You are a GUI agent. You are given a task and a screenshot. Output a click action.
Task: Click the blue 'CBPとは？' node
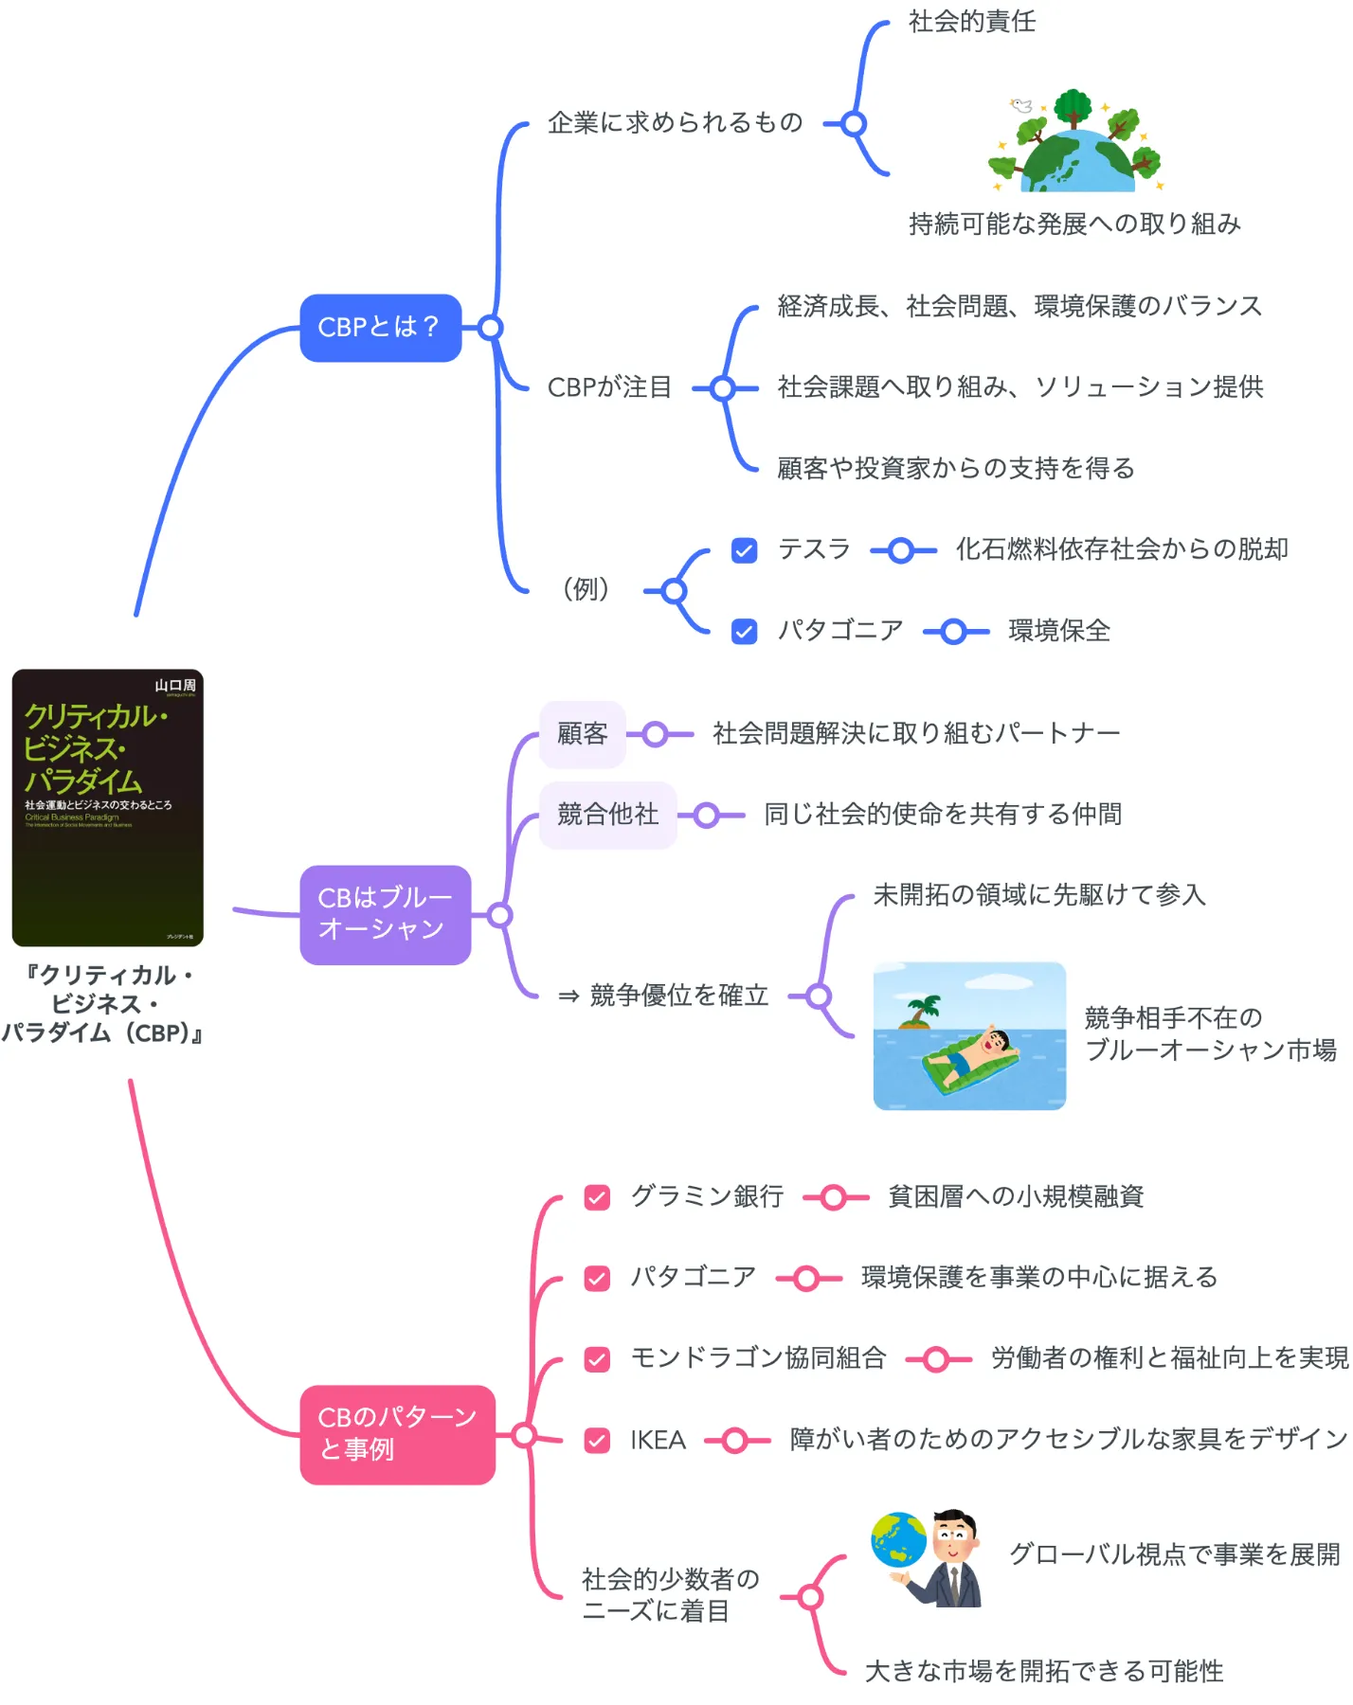(380, 328)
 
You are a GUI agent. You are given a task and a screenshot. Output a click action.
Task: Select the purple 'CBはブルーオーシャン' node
(385, 914)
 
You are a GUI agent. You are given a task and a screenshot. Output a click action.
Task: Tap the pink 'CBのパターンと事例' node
(397, 1434)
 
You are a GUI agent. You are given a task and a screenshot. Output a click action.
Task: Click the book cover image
(107, 807)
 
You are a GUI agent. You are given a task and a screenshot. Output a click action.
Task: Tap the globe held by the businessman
(898, 1539)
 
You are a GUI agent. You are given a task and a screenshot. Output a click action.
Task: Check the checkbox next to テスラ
(745, 550)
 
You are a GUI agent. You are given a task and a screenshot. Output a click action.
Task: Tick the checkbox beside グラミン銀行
(597, 1197)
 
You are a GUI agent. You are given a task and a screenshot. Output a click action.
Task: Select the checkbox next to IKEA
(597, 1441)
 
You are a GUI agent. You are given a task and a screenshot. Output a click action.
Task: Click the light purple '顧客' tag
(582, 734)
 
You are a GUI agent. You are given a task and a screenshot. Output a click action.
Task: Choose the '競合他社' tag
(607, 815)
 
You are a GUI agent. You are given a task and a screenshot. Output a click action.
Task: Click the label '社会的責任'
(972, 22)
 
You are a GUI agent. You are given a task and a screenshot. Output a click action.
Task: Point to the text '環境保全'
(1059, 631)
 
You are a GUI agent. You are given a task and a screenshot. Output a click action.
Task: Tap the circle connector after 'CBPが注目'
(723, 388)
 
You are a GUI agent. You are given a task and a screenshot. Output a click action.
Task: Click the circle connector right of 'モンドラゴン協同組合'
(936, 1360)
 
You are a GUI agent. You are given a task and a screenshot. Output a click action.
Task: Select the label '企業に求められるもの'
(675, 123)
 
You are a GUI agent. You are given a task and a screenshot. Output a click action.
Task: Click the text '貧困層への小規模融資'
(1016, 1197)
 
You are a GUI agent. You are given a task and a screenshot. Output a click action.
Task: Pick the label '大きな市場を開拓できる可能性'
(1044, 1671)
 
